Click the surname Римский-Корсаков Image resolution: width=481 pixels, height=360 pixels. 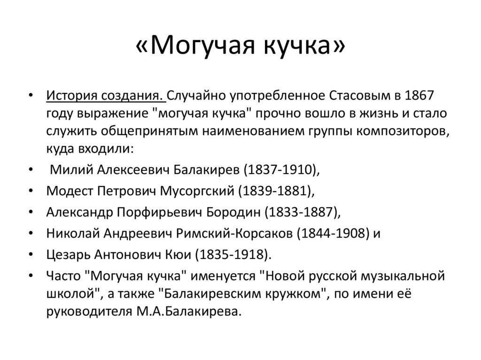(248, 234)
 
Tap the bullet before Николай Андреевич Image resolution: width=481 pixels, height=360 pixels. (31, 234)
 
